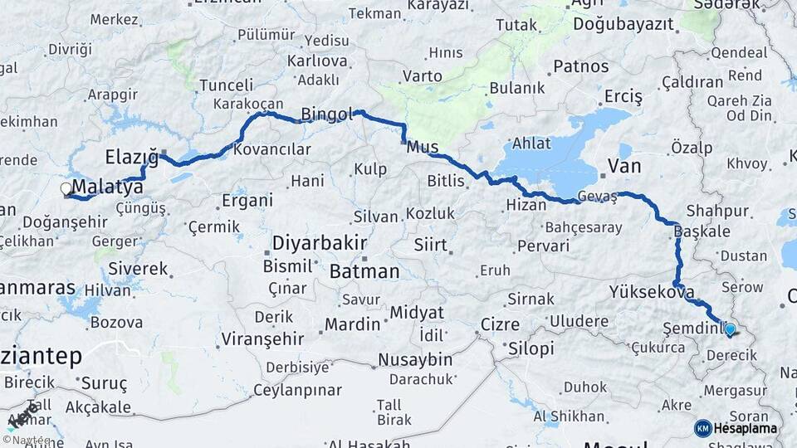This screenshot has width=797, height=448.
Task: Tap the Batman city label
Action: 364,271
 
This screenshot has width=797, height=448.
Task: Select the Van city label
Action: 624,166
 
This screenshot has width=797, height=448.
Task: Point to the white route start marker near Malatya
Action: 66,189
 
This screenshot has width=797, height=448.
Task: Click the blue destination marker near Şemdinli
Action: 730,330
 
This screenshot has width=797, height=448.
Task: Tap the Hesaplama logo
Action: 736,428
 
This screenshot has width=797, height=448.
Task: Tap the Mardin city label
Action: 352,324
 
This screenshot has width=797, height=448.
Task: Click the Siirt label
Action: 431,246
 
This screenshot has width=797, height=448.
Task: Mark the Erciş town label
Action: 623,97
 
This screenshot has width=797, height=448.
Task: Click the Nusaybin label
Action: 414,359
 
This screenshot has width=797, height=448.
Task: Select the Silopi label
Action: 531,348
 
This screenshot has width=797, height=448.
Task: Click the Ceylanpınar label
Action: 297,389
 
